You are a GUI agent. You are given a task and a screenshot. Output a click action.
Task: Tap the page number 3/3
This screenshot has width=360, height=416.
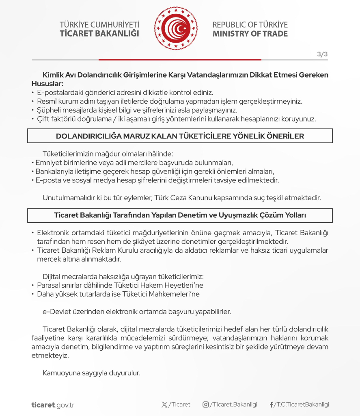tap(322, 55)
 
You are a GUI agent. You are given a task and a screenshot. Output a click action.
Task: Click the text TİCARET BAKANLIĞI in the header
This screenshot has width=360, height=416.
tap(99, 34)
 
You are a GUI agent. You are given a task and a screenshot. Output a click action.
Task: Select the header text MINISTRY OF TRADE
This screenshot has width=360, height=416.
tap(250, 34)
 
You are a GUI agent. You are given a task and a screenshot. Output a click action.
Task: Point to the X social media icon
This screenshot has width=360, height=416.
tap(164, 405)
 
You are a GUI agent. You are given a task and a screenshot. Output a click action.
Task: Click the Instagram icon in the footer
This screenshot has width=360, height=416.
tap(206, 405)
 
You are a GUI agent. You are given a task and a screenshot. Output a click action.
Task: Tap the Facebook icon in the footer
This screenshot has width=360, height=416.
tap(271, 405)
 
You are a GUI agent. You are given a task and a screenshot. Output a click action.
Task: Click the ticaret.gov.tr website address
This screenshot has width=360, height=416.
tap(53, 405)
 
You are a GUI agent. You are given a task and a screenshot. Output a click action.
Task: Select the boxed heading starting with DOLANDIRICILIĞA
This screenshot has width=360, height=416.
tap(180, 136)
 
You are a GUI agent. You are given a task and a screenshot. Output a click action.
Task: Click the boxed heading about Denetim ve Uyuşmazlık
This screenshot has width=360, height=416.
tap(180, 215)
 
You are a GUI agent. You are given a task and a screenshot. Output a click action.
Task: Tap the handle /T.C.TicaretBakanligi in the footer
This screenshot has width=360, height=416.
tap(302, 405)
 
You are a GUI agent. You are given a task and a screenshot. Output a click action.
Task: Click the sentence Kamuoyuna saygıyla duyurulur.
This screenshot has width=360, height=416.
tap(91, 373)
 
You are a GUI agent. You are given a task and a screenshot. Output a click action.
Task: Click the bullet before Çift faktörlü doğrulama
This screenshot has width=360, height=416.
tap(33, 119)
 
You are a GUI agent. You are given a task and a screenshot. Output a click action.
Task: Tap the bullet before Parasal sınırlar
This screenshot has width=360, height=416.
tap(33, 285)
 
